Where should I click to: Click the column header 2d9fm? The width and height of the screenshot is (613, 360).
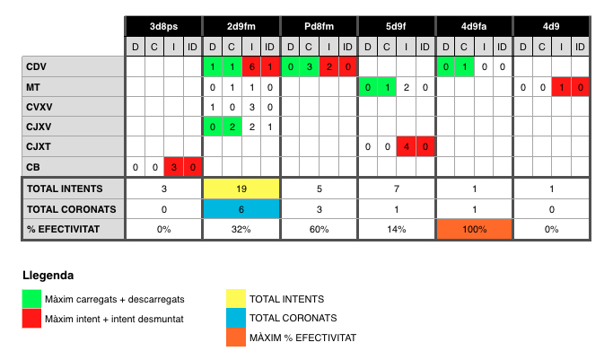point(241,27)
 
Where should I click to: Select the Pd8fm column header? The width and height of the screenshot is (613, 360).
point(319,27)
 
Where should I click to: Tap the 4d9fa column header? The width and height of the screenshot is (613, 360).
point(474,27)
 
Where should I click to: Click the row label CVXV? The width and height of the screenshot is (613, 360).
point(39,107)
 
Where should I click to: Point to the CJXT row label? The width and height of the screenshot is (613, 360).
point(39,146)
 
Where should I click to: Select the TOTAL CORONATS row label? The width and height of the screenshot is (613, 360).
point(72,209)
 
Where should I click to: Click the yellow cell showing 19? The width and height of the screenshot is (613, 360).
point(241,189)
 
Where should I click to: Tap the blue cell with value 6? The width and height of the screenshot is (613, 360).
point(241,209)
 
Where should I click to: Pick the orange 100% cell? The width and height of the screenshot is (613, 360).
point(474,229)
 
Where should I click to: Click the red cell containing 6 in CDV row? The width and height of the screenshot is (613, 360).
point(251,66)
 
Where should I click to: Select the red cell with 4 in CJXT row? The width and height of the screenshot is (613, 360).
point(407,146)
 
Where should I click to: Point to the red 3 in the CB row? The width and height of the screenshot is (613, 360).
point(173,167)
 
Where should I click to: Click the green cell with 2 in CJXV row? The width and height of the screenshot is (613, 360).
point(232,127)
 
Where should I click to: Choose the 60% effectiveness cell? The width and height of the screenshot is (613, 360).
point(319,229)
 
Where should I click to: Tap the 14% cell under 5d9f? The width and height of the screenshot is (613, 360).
point(397,229)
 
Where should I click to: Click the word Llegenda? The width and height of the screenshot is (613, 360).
point(48,276)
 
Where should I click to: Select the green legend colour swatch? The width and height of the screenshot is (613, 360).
point(31,299)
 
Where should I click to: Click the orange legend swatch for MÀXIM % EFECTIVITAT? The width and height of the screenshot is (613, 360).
point(236,337)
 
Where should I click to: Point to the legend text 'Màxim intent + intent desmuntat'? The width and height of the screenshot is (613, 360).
point(114,319)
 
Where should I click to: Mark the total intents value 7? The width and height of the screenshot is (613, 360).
point(397,189)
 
